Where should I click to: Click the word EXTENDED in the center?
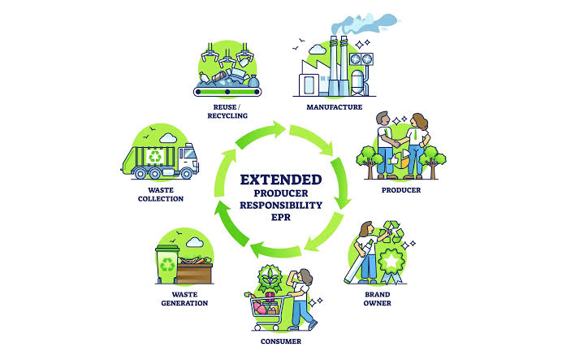click(281, 180)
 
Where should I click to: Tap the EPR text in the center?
click(281, 217)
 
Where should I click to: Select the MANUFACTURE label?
click(334, 107)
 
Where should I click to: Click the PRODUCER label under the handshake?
click(401, 190)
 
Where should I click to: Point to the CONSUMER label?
click(281, 341)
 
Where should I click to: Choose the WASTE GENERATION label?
click(184, 299)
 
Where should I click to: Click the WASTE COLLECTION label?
click(161, 194)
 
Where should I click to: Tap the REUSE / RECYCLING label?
click(227, 111)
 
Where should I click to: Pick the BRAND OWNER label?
click(377, 299)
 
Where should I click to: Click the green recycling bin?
click(166, 264)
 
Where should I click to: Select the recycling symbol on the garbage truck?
click(155, 156)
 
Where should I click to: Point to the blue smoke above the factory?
click(364, 24)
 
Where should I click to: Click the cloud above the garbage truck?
click(168, 137)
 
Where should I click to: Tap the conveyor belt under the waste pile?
click(227, 92)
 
